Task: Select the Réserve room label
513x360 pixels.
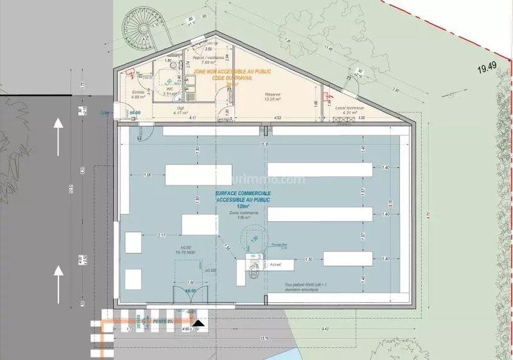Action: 278,95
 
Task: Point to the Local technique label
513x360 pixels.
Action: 349,109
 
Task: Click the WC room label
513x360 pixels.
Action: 169,90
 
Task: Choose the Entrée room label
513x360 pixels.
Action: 138,94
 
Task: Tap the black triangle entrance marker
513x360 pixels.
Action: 200,322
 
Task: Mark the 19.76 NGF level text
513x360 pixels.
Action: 186,253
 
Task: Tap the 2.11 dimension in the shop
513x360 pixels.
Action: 162,236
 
